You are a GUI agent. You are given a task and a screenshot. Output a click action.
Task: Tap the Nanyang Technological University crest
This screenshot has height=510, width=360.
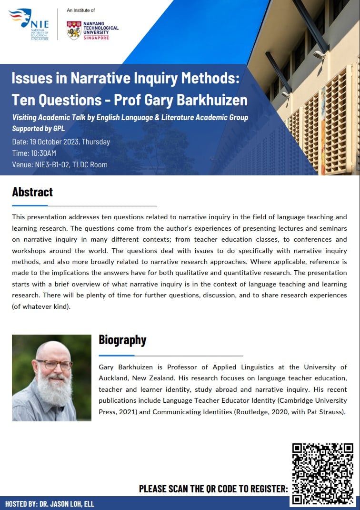[x=73, y=30]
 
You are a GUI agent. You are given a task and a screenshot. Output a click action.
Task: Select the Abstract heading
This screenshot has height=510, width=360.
[x=32, y=192]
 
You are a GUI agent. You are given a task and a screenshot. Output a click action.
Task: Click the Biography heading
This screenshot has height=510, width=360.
[x=122, y=340]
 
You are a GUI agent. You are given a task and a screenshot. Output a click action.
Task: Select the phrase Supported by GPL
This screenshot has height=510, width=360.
[x=38, y=129]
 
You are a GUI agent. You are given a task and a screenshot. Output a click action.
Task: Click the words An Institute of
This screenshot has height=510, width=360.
[x=81, y=10]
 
